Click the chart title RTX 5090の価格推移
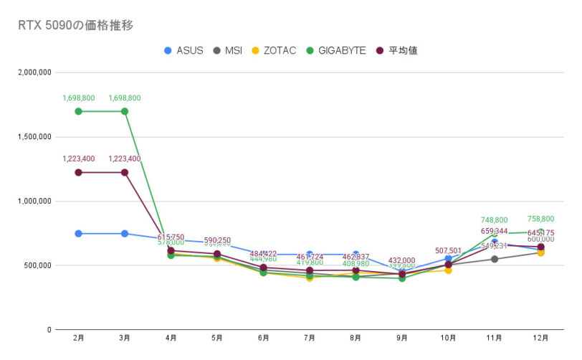click(75, 25)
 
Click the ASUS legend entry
click(184, 50)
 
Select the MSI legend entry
click(227, 50)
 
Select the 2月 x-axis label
click(78, 337)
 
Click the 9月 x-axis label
click(402, 337)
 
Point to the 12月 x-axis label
click(541, 337)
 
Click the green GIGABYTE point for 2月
click(78, 111)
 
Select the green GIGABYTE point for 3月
click(125, 111)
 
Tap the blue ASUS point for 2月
click(78, 234)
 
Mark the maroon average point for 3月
click(125, 172)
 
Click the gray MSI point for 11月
click(495, 259)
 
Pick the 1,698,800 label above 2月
click(78, 98)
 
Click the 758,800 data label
click(541, 219)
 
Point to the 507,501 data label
click(449, 251)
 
